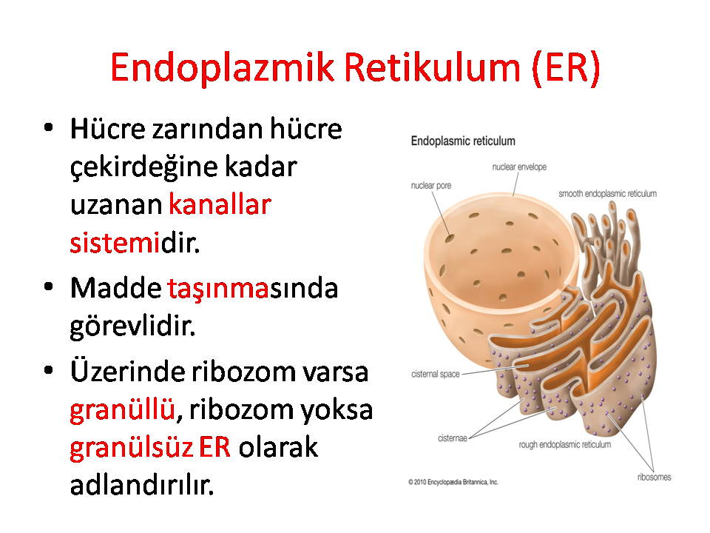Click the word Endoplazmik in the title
[223, 68]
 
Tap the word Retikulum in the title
[432, 67]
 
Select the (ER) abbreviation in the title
[566, 68]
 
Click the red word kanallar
[220, 204]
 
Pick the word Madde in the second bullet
[115, 288]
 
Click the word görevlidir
[132, 326]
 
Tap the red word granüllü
[122, 410]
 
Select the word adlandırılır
[142, 485]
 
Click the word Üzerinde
[127, 371]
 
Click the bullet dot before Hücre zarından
[49, 127]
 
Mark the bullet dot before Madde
[49, 287]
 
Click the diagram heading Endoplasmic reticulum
[463, 141]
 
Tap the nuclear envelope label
[519, 167]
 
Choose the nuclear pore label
[431, 185]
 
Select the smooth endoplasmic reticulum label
[607, 193]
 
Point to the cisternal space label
[435, 374]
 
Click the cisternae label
[453, 438]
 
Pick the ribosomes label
[654, 477]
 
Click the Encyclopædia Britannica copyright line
[453, 482]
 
